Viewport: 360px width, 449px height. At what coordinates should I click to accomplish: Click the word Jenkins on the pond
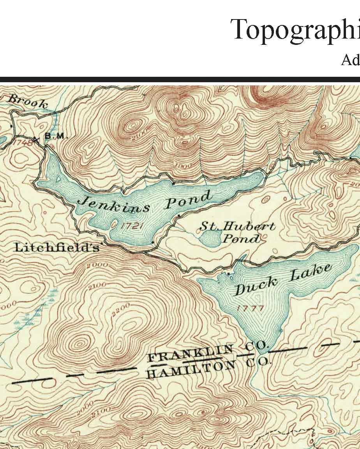coord(114,204)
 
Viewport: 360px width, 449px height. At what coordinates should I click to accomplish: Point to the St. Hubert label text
coord(237,226)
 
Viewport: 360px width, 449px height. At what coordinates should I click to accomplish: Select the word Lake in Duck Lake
coord(312,273)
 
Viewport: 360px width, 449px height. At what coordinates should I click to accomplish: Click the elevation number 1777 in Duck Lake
coord(250,308)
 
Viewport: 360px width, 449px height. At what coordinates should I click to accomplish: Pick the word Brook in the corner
coord(28,102)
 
